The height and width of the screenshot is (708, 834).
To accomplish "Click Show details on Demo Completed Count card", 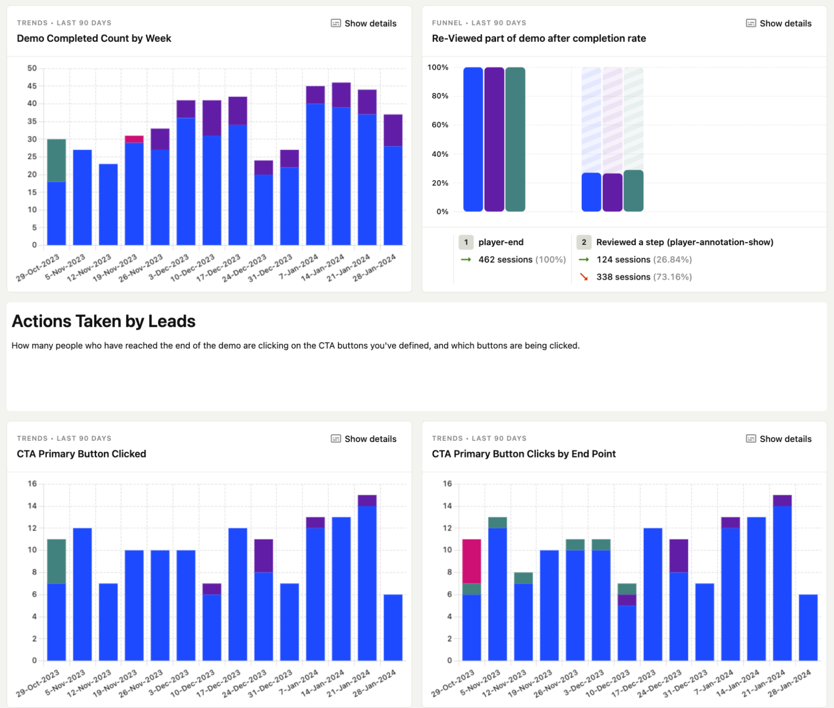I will point(364,23).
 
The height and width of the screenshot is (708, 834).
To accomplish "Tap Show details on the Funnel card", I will point(779,23).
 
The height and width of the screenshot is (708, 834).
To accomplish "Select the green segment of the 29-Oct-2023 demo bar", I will point(56,160).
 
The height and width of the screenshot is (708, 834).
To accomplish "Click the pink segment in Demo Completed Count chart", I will point(134,139).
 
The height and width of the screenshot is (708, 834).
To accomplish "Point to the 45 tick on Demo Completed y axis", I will point(32,86).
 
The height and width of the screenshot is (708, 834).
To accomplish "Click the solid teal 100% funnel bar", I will point(515,139).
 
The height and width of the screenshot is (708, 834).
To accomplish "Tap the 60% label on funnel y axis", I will point(440,125).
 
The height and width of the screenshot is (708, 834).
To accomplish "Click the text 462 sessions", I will point(505,260).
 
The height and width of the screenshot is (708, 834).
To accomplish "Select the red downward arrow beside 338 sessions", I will point(584,277).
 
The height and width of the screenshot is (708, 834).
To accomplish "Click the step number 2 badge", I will point(584,242).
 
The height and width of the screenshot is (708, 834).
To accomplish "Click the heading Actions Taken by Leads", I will point(103,321).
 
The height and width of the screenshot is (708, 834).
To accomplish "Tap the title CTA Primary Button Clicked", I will point(81,454).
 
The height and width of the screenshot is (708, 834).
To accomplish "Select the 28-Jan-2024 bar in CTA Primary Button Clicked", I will point(393,627).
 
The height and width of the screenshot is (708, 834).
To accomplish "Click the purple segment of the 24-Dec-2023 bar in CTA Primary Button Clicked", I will point(264,556).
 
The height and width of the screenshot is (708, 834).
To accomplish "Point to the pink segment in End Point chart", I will point(471,561).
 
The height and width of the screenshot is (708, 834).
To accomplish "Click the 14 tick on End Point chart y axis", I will point(447,506).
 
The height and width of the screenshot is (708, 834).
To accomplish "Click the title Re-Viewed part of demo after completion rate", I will point(539,38).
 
